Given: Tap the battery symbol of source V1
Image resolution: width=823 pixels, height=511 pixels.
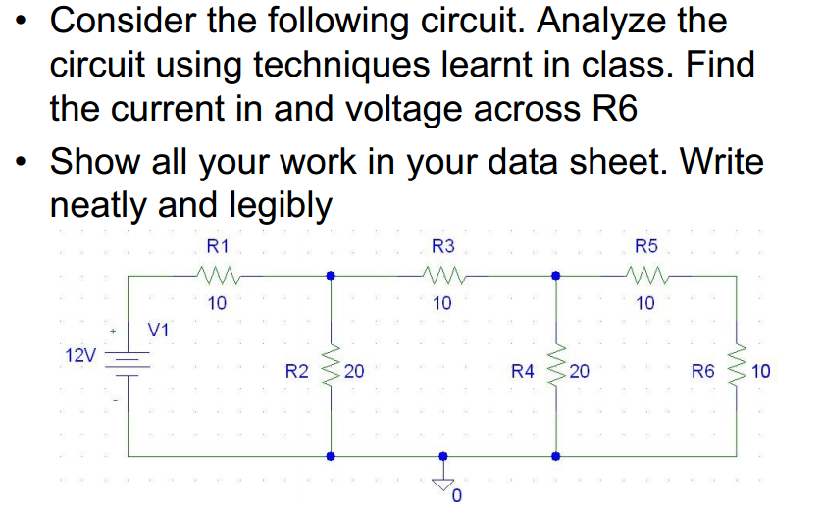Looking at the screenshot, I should [x=128, y=366].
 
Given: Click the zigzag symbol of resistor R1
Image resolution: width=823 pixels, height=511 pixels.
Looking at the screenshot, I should [x=217, y=276].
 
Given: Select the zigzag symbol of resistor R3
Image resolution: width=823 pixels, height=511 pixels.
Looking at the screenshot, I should [x=442, y=276].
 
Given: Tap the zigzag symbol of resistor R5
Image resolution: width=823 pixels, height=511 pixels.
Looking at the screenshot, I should [x=646, y=276].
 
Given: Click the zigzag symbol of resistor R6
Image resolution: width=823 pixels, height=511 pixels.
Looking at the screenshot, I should [x=737, y=370].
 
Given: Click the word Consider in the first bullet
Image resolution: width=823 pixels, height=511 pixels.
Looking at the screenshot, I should [x=135, y=22].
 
